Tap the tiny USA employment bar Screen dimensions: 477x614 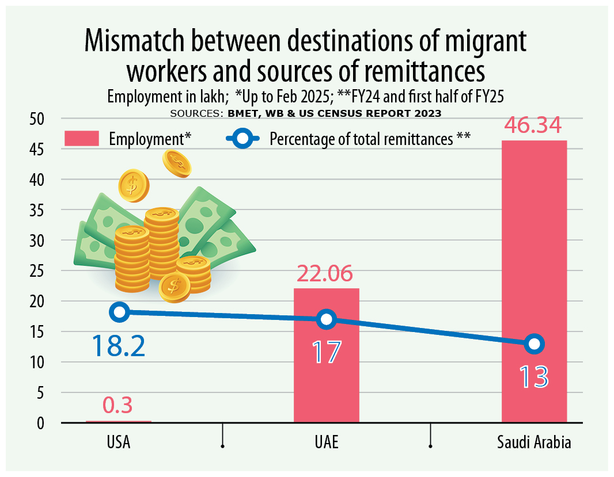pyautogui.click(x=119, y=422)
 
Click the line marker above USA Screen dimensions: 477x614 pyautogui.click(x=119, y=312)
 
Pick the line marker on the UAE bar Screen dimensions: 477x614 pyautogui.click(x=326, y=319)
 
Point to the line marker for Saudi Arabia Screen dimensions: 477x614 pyautogui.click(x=534, y=344)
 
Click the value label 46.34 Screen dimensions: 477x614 pyautogui.click(x=534, y=126)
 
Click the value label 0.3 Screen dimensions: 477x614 pyautogui.click(x=118, y=406)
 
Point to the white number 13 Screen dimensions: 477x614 pyautogui.click(x=533, y=377)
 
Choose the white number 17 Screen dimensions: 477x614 pyautogui.click(x=326, y=352)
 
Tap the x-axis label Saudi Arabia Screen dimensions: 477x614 pyautogui.click(x=534, y=443)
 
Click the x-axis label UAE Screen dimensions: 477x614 pyautogui.click(x=326, y=443)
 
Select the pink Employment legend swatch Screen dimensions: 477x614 pyautogui.click(x=82, y=139)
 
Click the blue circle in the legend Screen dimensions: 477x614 pyautogui.click(x=243, y=139)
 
